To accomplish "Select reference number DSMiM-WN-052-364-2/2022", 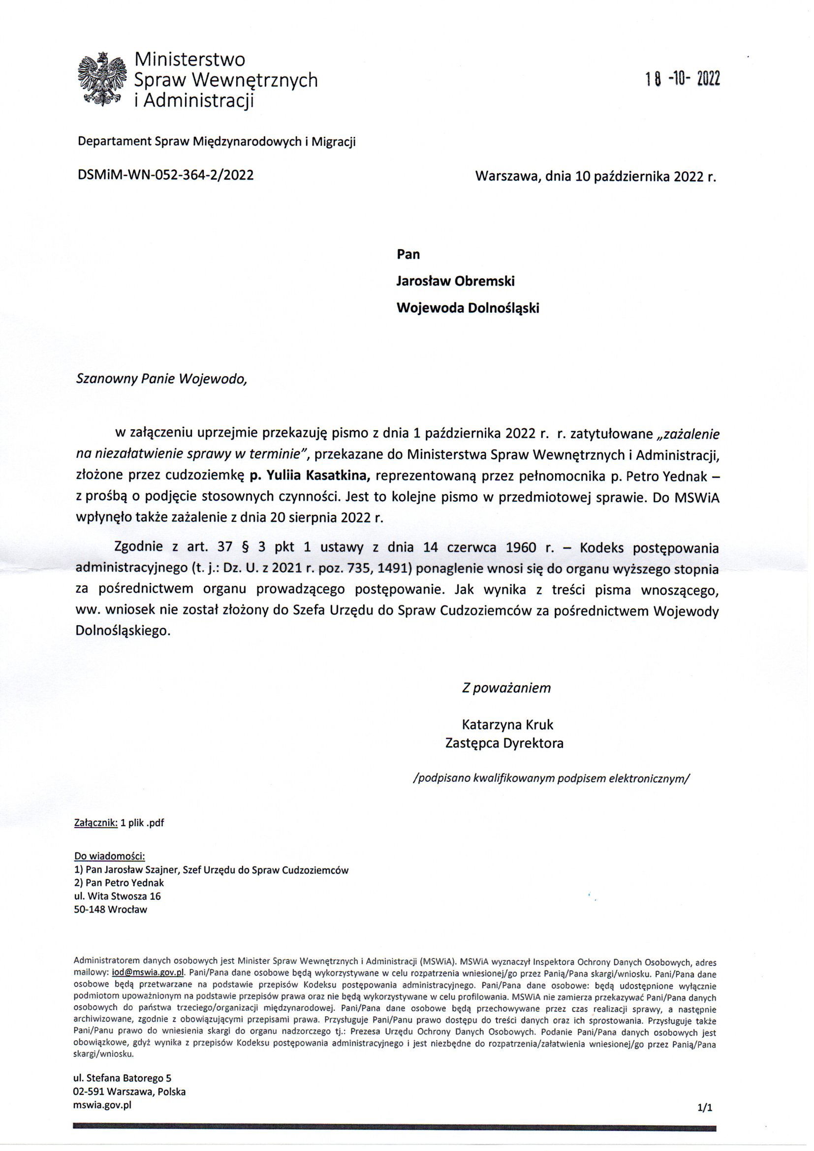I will point(165,175).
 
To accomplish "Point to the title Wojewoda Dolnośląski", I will point(468,308).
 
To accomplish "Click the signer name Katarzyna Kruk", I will point(507,724).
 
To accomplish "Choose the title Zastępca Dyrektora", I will point(504,743).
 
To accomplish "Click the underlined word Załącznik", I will point(95,823).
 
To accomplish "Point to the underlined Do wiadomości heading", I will point(109,855).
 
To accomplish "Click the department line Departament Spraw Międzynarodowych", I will point(217,142).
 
